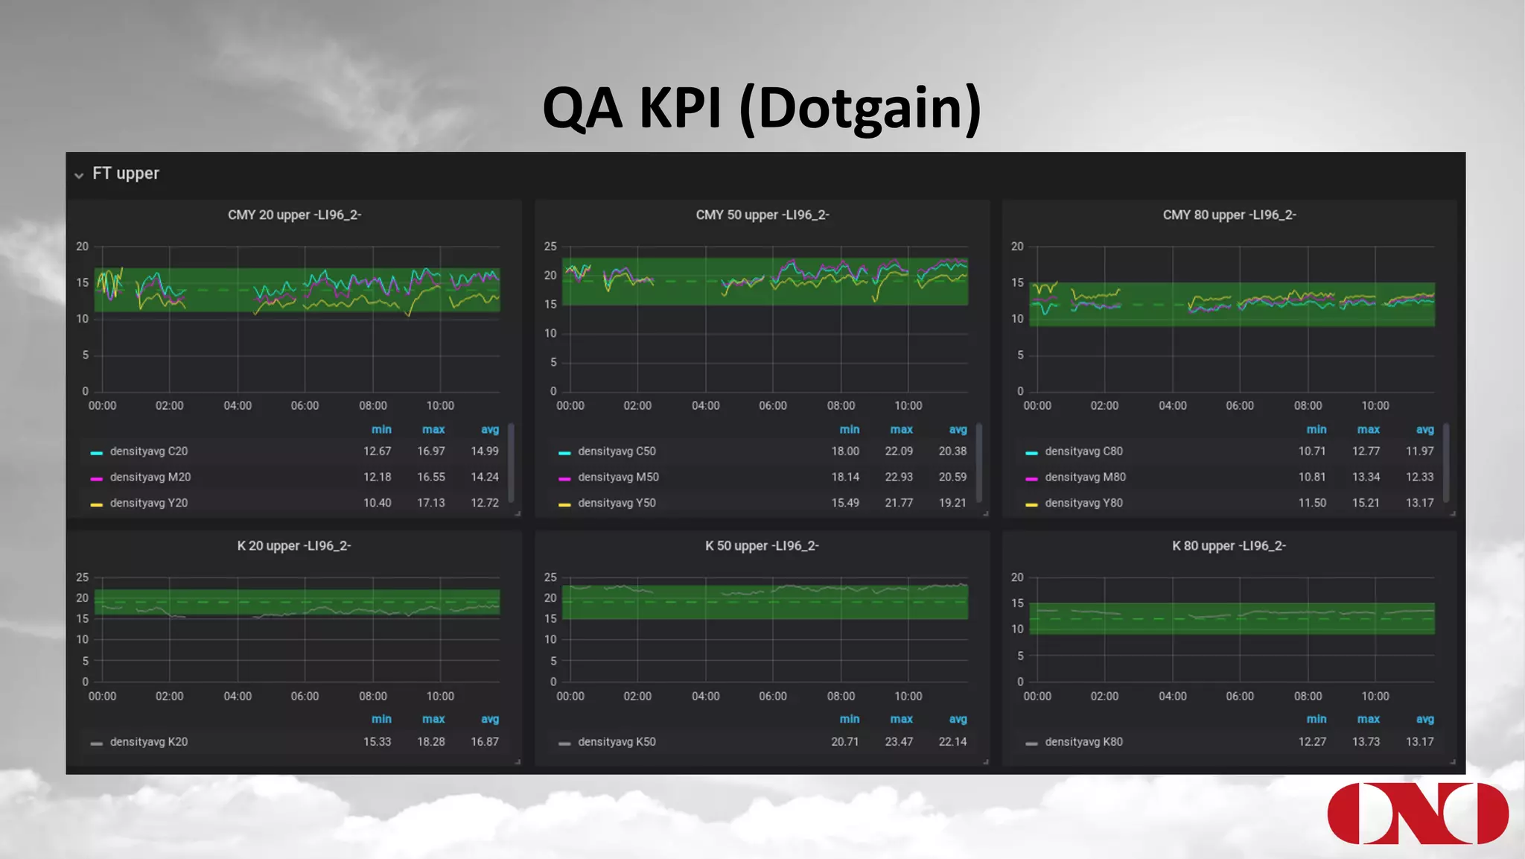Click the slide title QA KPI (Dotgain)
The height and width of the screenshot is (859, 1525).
[x=762, y=109]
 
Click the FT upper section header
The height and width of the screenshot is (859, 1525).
[x=125, y=174]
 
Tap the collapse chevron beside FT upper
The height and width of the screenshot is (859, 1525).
[x=79, y=176]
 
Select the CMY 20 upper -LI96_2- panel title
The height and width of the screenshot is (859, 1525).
[x=294, y=215]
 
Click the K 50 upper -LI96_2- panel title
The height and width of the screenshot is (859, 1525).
[x=762, y=546]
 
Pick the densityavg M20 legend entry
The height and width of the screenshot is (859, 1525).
[x=150, y=478]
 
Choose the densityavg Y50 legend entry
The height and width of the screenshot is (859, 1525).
[x=616, y=504]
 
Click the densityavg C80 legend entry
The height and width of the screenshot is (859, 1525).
[x=1083, y=451]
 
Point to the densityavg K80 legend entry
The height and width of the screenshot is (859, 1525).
[x=1083, y=742]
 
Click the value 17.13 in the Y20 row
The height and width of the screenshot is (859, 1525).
[x=430, y=504]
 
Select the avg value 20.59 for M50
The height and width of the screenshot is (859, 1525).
[x=952, y=478]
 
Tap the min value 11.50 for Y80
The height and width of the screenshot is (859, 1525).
[x=1311, y=504]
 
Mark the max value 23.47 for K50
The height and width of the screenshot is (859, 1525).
[x=898, y=742]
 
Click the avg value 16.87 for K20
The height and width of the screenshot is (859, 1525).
[x=484, y=742]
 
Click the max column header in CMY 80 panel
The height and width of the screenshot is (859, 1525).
[x=1368, y=430]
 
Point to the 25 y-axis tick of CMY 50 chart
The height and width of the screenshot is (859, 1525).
[x=550, y=247]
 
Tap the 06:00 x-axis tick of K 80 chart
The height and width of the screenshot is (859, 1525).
[x=1239, y=697]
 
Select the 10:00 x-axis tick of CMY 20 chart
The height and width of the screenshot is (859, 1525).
[x=440, y=406]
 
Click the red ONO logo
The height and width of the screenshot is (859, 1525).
[x=1417, y=814]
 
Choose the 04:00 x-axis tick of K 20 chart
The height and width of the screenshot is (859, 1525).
[x=238, y=697]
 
